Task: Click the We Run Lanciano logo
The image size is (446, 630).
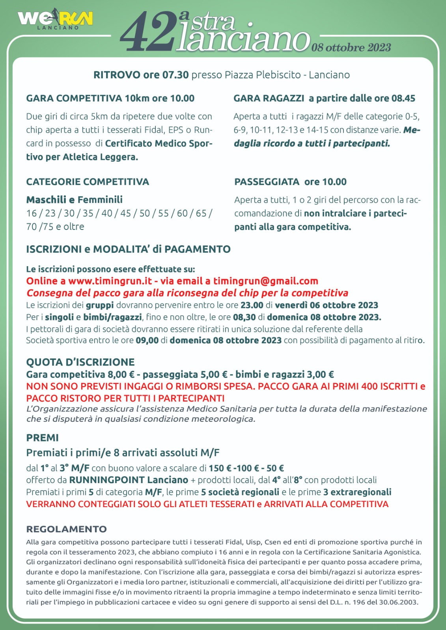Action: [x=55, y=20]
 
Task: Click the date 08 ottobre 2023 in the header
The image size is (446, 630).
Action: [x=351, y=48]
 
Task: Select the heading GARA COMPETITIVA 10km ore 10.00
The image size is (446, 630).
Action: [x=110, y=98]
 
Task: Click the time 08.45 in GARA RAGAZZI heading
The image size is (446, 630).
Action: [x=403, y=98]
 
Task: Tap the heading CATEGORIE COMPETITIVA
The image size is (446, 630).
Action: [x=88, y=182]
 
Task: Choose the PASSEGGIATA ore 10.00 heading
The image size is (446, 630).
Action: [x=290, y=182]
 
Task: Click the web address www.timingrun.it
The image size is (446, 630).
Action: [x=110, y=281]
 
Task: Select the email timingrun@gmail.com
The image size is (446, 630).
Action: [x=265, y=281]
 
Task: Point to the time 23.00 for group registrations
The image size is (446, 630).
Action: [x=252, y=305]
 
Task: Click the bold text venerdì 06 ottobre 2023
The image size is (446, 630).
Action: [x=326, y=305]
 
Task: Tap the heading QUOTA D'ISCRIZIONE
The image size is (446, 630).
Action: [x=80, y=362]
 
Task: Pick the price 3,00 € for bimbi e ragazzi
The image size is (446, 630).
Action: [x=320, y=374]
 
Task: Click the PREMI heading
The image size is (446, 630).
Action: [x=42, y=438]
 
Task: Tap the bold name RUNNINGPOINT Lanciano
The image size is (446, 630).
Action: [x=129, y=480]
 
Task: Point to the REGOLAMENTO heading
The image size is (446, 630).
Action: [x=66, y=529]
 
